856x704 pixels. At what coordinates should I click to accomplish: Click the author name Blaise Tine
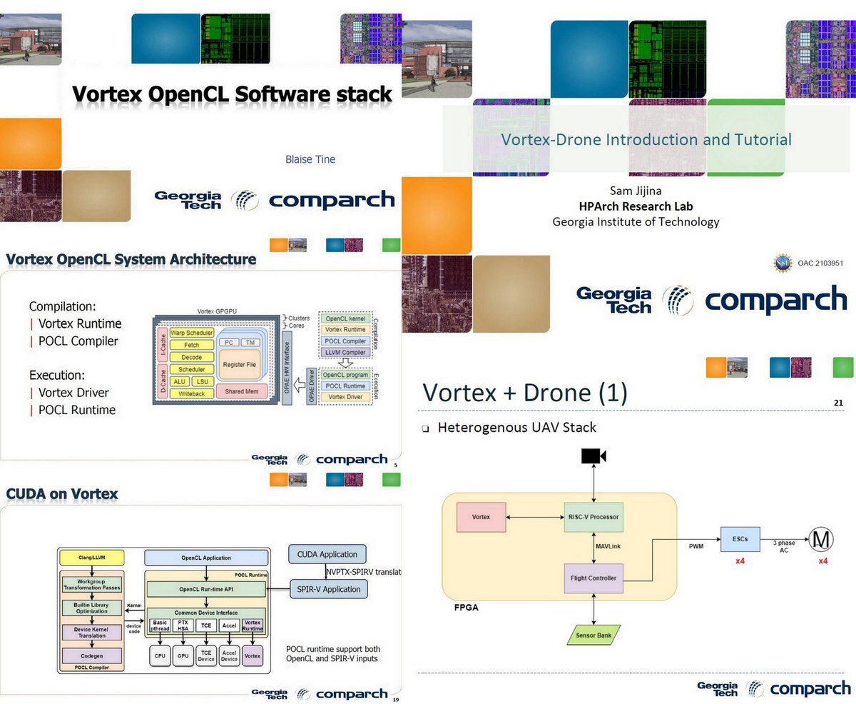pos(310,159)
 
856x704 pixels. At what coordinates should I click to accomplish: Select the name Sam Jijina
pos(636,191)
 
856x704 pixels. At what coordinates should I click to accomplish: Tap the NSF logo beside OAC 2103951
pos(783,263)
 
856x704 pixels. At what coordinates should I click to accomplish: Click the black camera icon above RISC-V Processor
pos(593,456)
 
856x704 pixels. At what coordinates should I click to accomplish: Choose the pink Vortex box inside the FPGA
pos(481,517)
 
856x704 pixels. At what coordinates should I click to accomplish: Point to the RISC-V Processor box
pos(593,517)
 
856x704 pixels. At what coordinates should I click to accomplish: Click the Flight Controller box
pos(593,578)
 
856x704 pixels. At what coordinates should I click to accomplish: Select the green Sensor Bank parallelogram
pos(593,633)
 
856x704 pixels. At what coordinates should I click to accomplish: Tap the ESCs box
pos(740,540)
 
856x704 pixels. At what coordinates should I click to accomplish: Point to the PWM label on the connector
pos(696,546)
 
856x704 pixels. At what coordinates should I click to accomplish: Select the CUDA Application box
pos(327,554)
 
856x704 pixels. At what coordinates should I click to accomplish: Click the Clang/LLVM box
pos(91,557)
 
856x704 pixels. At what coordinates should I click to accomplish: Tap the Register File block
pos(240,365)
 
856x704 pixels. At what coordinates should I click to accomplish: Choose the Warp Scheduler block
pos(192,333)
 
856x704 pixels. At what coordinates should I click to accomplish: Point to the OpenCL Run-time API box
pos(205,589)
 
